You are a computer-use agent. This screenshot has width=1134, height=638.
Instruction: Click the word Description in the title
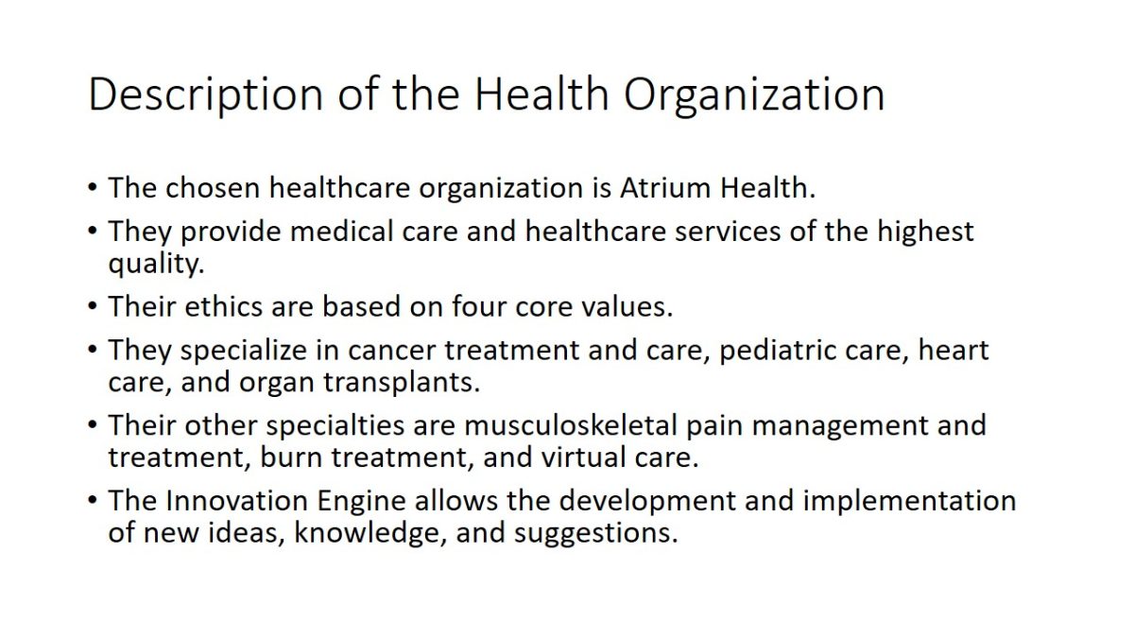(x=206, y=95)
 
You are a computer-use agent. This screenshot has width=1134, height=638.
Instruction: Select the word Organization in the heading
(x=754, y=95)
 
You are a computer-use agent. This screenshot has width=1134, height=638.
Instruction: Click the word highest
(x=925, y=232)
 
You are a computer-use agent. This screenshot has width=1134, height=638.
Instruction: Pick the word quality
(x=157, y=264)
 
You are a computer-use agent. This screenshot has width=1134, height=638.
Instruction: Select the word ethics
(x=224, y=307)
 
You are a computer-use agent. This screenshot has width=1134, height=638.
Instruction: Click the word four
(x=479, y=307)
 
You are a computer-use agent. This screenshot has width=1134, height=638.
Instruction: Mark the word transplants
(x=402, y=383)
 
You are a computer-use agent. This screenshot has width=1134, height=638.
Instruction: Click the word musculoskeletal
(x=571, y=425)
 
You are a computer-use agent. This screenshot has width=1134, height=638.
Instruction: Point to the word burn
(x=291, y=457)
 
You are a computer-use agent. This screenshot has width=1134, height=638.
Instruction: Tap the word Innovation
(x=236, y=501)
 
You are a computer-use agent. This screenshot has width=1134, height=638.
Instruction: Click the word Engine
(x=361, y=502)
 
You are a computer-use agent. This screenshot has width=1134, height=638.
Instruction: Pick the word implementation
(x=910, y=502)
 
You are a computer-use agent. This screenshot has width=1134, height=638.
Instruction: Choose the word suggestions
(x=596, y=534)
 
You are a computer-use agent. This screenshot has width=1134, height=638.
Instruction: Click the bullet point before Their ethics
(x=93, y=306)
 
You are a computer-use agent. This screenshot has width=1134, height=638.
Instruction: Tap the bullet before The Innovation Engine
(x=93, y=500)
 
